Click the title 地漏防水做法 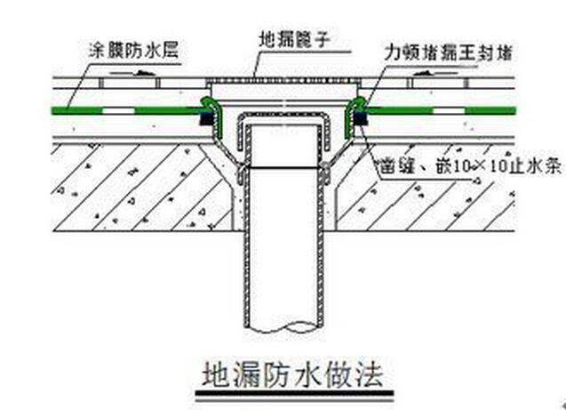pyautogui.click(x=293, y=373)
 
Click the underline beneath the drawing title pyautogui.click(x=293, y=391)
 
